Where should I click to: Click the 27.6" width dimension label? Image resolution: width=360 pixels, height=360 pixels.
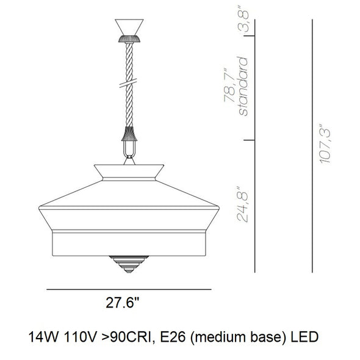tap(123, 303)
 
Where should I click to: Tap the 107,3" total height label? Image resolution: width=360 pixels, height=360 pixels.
tap(325, 144)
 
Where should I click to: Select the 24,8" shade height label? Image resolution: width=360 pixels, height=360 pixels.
tap(243, 204)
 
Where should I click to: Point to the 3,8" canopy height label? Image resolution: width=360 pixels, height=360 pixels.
tap(243, 19)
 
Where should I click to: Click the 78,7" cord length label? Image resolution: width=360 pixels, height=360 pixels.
tap(230, 85)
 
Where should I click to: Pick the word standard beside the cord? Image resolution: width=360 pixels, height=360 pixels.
tap(243, 86)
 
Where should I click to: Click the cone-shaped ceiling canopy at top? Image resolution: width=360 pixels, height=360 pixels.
tap(129, 27)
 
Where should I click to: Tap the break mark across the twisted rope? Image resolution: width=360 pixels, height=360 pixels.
tap(128, 83)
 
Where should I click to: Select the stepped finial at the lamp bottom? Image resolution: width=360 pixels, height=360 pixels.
tap(129, 264)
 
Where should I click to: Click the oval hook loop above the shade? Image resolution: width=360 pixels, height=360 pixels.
tap(129, 149)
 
